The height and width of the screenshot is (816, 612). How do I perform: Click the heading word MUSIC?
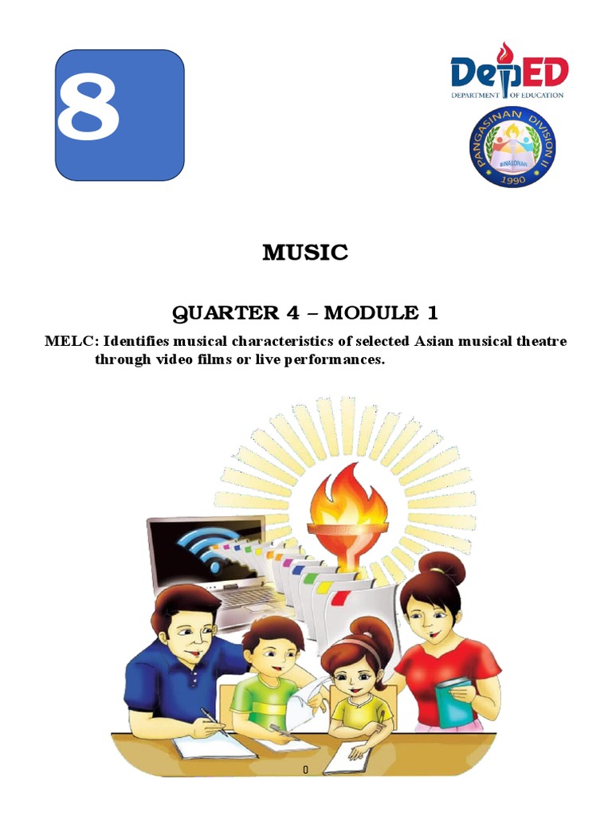point(306,253)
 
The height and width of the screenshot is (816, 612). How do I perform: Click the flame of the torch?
point(348,503)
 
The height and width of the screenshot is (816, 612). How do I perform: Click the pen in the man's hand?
point(210,715)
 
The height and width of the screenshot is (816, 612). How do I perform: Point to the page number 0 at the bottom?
point(305,771)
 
